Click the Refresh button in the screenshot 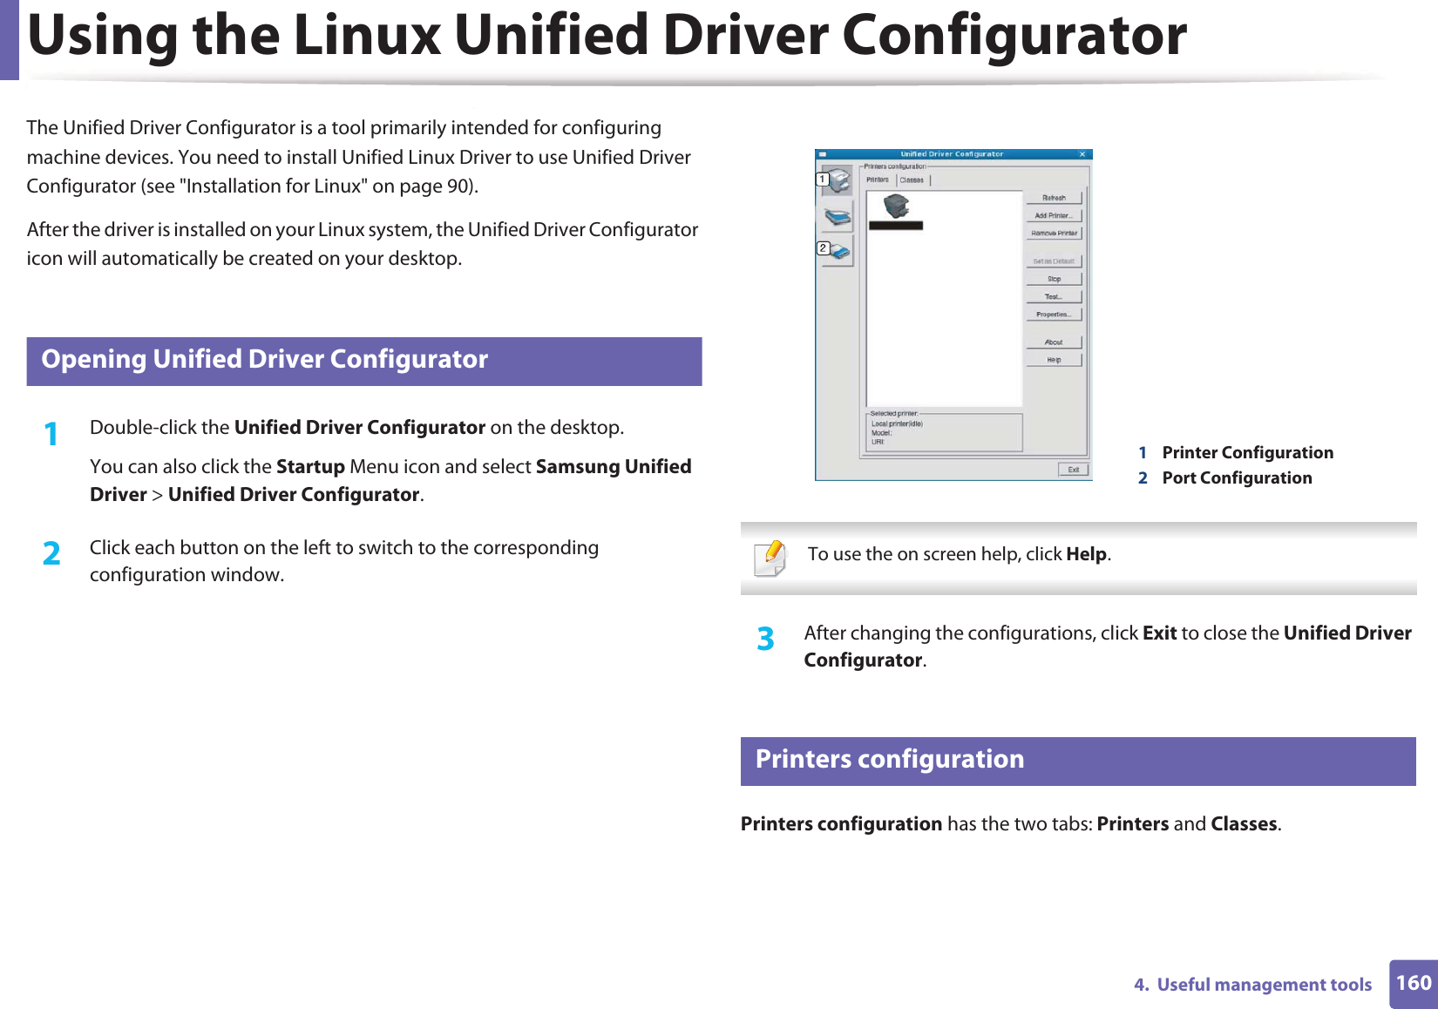1054,198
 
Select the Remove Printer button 1054,234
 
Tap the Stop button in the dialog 1054,279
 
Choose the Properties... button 1054,315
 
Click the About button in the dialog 1054,342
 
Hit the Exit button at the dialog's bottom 1073,470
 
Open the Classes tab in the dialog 912,180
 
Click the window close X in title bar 1082,154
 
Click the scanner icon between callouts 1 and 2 838,216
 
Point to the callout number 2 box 823,248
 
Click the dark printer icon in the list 896,207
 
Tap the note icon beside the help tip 770,558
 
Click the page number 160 1414,983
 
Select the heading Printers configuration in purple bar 889,759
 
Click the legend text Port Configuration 1237,477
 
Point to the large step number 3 765,639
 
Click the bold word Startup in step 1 310,467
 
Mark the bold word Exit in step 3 1159,633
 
